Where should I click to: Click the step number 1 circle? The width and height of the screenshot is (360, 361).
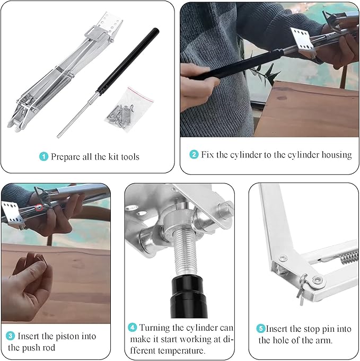point(44,157)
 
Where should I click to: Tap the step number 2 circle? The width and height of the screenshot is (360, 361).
point(195,155)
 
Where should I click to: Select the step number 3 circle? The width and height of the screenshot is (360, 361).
point(11,336)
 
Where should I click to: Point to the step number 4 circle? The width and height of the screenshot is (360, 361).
point(133,328)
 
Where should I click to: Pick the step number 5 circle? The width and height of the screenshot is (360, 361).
point(261,329)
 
